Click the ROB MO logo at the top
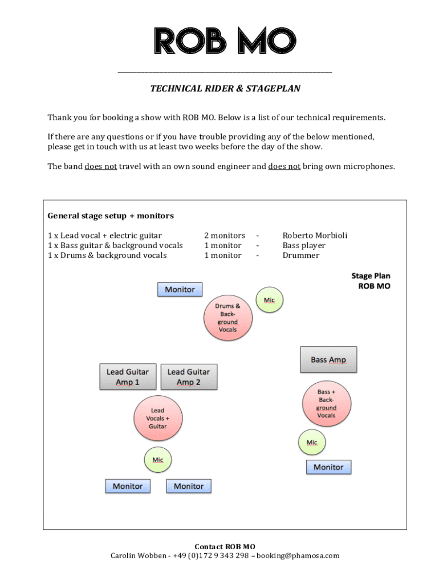(225, 42)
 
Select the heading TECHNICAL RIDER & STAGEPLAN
(225, 89)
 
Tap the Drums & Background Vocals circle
(227, 318)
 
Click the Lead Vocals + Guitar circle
(157, 419)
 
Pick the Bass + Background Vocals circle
(326, 404)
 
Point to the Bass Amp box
(328, 360)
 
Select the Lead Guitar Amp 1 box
(127, 377)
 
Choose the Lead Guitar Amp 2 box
(189, 377)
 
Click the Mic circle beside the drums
(269, 300)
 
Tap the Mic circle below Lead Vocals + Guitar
(157, 460)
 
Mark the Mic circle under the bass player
(312, 443)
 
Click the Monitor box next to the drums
(180, 290)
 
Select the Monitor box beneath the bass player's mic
(328, 467)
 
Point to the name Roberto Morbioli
(315, 236)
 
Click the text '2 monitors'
(225, 236)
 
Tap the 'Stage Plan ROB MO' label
(371, 281)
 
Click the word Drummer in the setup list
(301, 255)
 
